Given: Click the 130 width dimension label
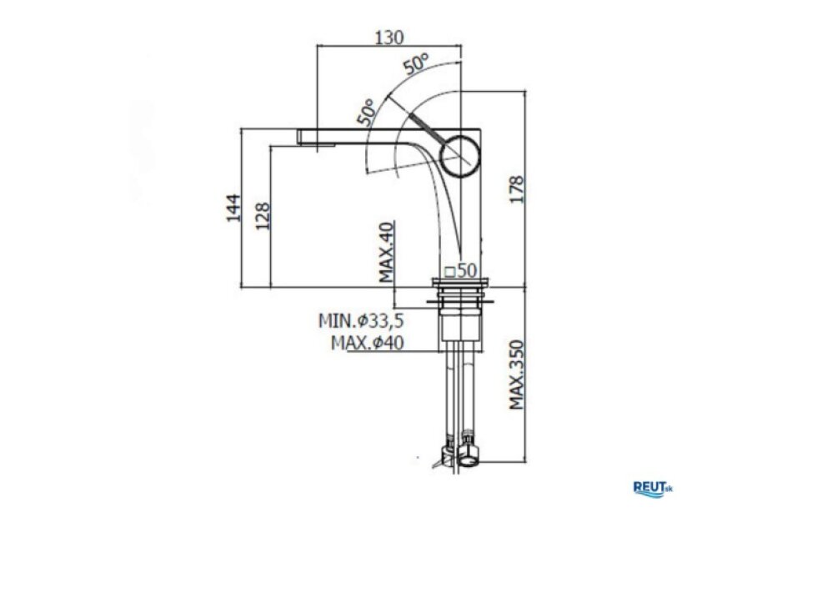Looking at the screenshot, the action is coord(389,38).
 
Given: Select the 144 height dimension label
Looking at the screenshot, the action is coord(233,208).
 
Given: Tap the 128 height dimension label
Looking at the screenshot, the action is coord(263,216).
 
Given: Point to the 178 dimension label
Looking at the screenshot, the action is coord(516,189).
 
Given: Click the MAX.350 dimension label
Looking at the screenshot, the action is coord(516,374).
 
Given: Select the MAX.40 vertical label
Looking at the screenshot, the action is coord(387,252).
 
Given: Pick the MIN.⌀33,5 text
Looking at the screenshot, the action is coord(361,320).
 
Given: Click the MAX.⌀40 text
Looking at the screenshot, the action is coord(368,343).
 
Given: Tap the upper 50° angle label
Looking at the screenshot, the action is coord(416,63).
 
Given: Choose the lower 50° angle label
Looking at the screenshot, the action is coord(366,112).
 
